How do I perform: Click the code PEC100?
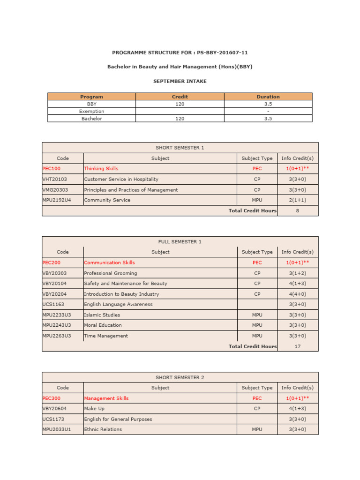coord(52,169)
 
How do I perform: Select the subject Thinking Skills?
coord(101,169)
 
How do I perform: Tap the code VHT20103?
coord(54,179)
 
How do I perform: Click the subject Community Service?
coord(107,200)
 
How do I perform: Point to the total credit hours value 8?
coord(297,211)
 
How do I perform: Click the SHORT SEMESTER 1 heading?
coord(180,148)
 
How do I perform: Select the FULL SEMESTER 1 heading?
coord(180,242)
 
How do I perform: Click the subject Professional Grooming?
coord(111,273)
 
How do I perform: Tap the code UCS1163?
coord(52,304)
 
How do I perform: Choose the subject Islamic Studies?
coord(102,315)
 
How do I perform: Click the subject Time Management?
coord(106,336)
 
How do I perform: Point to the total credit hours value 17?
coord(297,347)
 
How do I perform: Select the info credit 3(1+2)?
coord(297,273)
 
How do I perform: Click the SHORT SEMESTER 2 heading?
coord(180,378)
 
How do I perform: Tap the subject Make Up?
coord(94,409)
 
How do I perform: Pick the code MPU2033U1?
coord(56,429)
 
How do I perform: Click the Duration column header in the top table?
coord(268,97)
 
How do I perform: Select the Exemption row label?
coord(92,112)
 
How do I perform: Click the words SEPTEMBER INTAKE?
coord(180,81)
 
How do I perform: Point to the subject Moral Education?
coord(103,325)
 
